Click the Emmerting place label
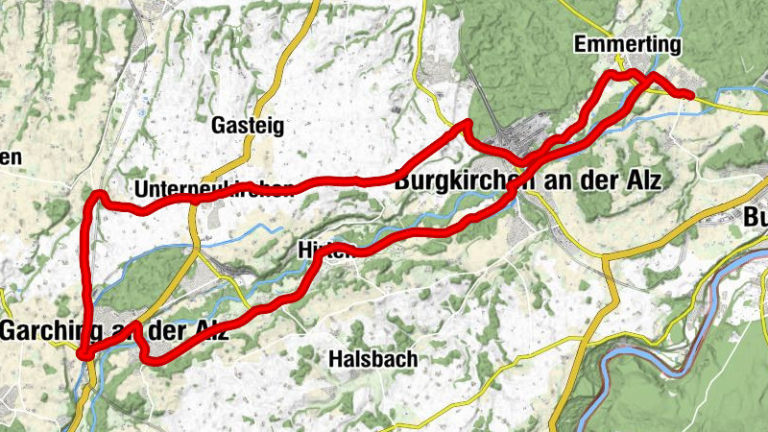[x=627, y=45]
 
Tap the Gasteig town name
[x=248, y=125]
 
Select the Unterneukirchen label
[x=213, y=188]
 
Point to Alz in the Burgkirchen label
[x=643, y=180]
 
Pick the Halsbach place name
[x=372, y=359]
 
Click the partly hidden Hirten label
[x=320, y=248]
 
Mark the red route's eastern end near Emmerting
[x=690, y=93]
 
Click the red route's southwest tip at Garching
[x=84, y=354]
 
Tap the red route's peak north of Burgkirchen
[x=468, y=123]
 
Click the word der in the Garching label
[x=160, y=330]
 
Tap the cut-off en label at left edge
[x=10, y=156]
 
